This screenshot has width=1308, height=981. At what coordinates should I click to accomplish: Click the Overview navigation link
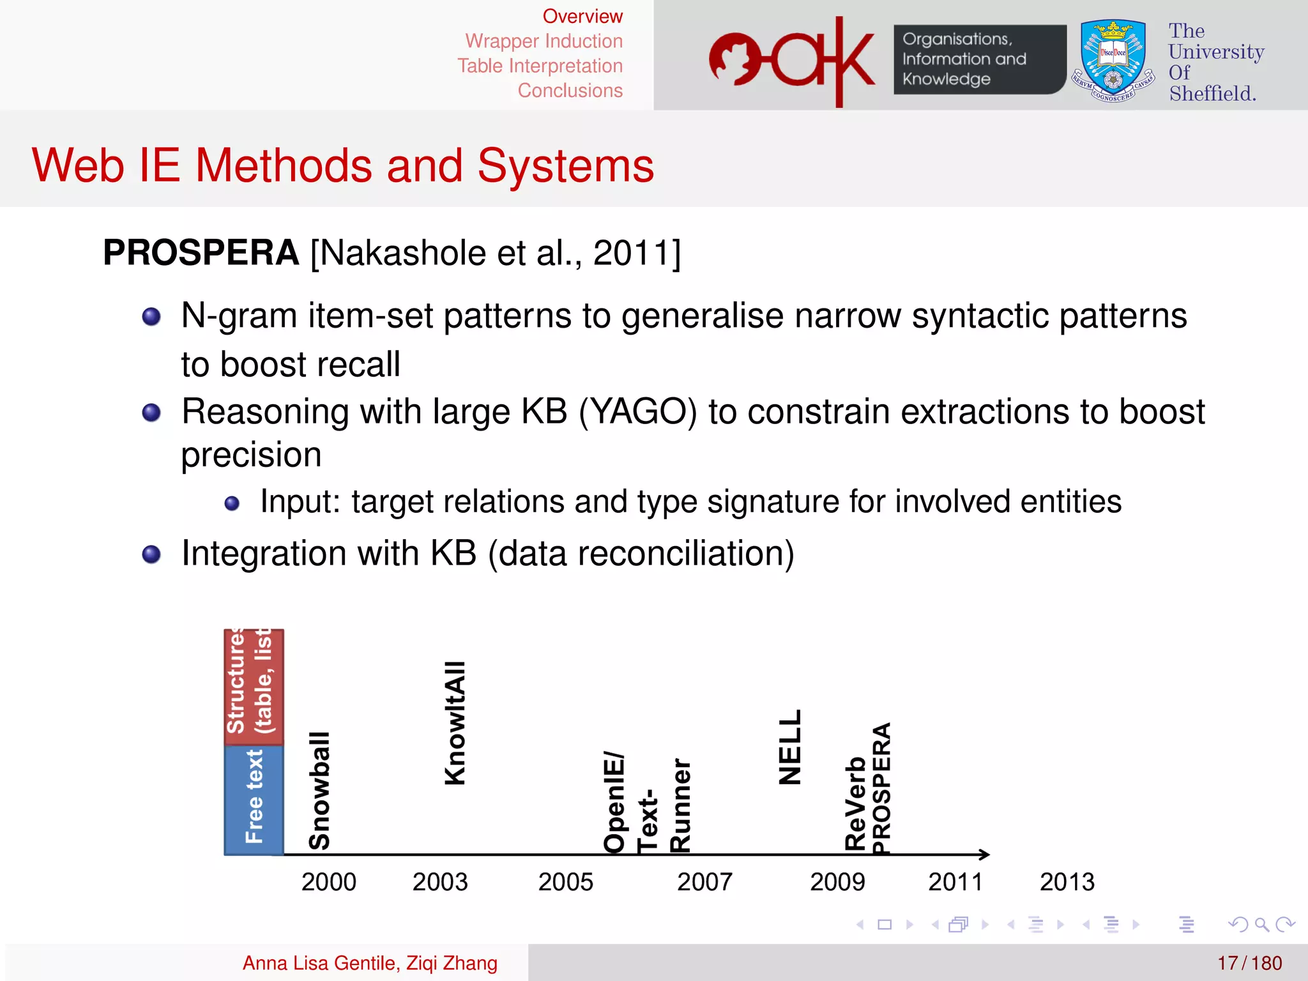pos(582,17)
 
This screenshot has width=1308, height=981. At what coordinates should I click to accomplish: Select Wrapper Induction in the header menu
pos(544,42)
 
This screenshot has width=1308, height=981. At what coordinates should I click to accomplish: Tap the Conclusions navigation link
pos(570,91)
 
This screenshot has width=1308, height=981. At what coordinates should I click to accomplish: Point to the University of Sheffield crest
pos(1113,61)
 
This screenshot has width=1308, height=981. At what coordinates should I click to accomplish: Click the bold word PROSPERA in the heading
pos(201,253)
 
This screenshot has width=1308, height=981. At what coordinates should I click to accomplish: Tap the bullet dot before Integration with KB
pos(151,554)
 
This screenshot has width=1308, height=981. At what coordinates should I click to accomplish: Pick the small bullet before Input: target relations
pos(232,504)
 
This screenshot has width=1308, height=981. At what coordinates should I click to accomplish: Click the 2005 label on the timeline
pos(565,882)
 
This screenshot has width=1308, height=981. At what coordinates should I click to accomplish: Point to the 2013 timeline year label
pos(1067,882)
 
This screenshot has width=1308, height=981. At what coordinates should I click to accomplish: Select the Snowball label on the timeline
pos(319,791)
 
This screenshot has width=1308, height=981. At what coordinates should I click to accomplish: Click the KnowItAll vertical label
pos(455,723)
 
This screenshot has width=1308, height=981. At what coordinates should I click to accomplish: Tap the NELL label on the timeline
pos(790,747)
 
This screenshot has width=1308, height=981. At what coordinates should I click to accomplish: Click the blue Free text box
pos(254,799)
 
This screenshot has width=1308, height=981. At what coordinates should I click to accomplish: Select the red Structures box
pos(254,687)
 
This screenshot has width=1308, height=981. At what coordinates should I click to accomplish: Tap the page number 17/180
pos(1249,963)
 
